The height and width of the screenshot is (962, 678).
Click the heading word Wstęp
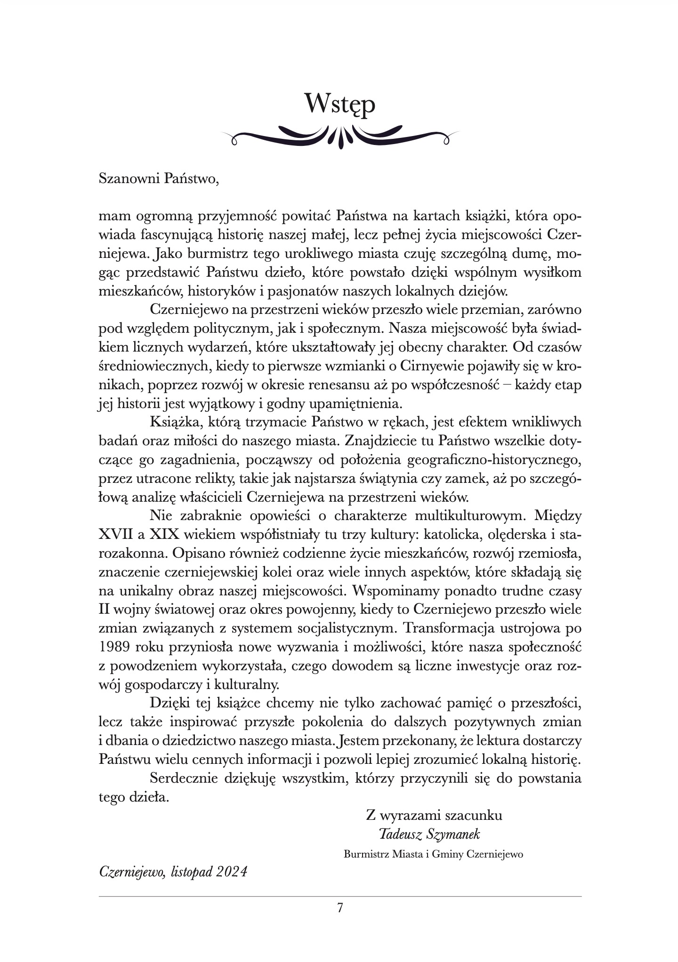[x=339, y=104]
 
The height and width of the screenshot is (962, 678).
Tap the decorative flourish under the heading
[x=339, y=137]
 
